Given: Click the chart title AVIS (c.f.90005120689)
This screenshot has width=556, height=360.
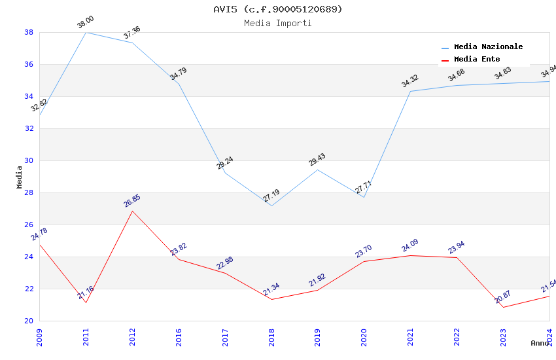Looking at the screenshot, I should click(278, 9).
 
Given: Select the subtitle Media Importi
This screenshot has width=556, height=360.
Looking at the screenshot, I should click(278, 24).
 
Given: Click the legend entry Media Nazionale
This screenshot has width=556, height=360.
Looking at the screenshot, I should click(488, 47).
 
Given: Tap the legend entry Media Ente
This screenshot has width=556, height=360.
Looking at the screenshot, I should click(477, 60).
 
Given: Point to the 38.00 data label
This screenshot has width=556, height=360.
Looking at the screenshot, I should click(86, 22).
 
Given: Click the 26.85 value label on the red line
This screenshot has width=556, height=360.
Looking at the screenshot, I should click(132, 201).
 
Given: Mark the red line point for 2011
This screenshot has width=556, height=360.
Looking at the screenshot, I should click(86, 302).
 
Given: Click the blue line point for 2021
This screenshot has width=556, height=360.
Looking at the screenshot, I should click(410, 91).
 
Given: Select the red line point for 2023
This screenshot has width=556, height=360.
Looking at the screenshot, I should click(503, 307).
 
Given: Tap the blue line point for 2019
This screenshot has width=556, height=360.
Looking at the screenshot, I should click(317, 170).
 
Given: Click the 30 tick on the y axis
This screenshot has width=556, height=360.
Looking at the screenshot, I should click(29, 160).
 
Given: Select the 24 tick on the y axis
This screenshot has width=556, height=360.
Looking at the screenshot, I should click(29, 257).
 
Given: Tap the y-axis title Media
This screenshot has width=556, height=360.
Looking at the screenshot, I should click(20, 177).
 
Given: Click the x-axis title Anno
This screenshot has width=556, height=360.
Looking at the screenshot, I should click(540, 343).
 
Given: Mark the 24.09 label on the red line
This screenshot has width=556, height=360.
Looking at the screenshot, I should click(410, 246).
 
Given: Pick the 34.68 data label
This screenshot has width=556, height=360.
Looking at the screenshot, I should click(457, 76).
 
